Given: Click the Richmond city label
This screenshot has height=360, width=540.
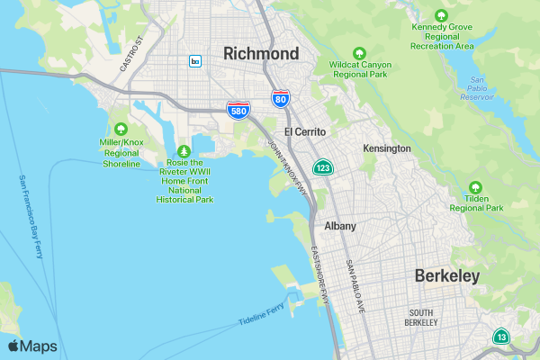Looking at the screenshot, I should click(261, 54).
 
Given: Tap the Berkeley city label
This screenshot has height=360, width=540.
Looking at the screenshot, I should click(447, 276).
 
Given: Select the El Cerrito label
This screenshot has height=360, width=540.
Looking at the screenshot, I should click(305, 131).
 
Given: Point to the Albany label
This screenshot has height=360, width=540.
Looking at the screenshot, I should click(340, 226).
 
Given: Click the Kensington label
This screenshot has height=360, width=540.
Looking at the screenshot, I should click(387, 148).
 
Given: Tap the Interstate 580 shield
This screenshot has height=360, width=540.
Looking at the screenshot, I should click(238, 110).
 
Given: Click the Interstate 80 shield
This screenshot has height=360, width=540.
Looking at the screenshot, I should click(281, 98).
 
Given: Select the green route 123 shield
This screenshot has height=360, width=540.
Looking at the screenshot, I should click(323, 168).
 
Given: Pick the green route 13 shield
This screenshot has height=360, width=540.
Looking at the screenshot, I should click(499, 337).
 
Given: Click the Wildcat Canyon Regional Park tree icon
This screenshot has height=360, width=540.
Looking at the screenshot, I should click(360, 53).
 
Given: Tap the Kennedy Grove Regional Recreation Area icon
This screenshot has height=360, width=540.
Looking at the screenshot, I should click(441, 15).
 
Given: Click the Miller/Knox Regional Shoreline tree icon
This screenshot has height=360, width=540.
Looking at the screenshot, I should click(121, 128).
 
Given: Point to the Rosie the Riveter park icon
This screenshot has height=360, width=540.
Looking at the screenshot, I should click(184, 151).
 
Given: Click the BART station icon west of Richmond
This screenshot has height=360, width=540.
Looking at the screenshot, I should click(195, 61).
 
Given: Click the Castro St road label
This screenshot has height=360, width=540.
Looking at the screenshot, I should click(131, 55).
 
